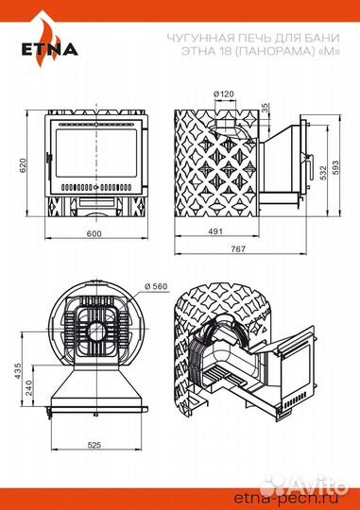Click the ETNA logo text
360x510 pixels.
pos(50,49)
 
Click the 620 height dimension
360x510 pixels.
pos(22,165)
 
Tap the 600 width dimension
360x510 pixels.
pos(94,233)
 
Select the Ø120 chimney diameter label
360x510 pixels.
pos(224,94)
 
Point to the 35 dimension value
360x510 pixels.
pos(265,107)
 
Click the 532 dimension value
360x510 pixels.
pos(322,174)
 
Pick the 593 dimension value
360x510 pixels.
pos(335,167)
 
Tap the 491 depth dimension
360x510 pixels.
pos(215,231)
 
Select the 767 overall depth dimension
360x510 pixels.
pos(238,248)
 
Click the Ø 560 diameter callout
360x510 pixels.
pos(156,286)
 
